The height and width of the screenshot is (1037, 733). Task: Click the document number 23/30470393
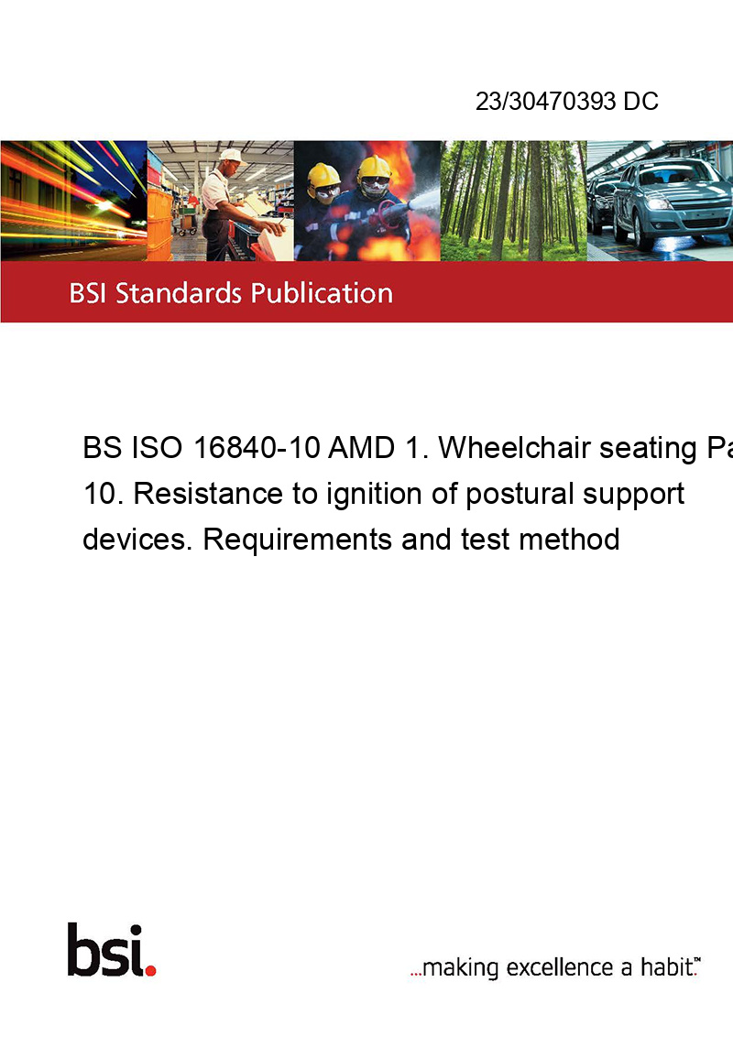pyautogui.click(x=546, y=101)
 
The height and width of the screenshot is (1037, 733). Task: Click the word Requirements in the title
pyautogui.click(x=298, y=540)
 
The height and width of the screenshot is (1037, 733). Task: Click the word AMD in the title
pyautogui.click(x=362, y=448)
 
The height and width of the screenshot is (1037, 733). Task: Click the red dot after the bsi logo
pyautogui.click(x=151, y=970)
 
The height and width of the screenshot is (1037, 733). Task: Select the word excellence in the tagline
pyautogui.click(x=560, y=967)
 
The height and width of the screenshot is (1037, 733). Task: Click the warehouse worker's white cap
pyautogui.click(x=232, y=156)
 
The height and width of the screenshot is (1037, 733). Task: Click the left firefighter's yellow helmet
pyautogui.click(x=323, y=175)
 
